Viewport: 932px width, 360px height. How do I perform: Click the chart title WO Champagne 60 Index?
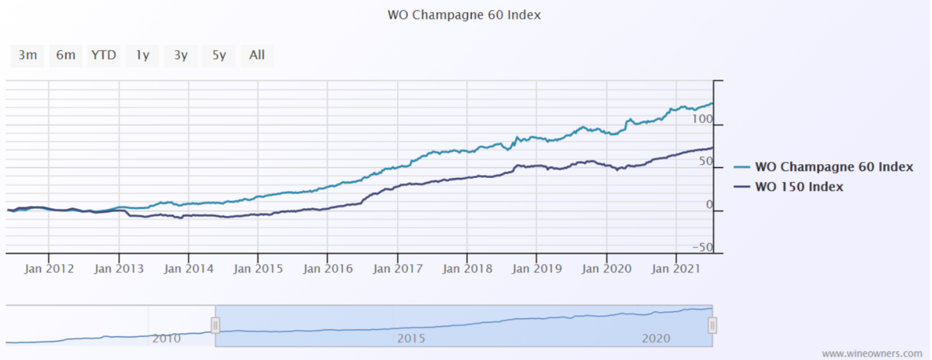tap(464, 15)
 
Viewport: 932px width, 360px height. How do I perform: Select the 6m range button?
tap(66, 55)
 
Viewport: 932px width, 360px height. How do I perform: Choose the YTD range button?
tap(103, 55)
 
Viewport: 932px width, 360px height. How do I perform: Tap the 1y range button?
tap(142, 55)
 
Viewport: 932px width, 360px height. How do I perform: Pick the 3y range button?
tap(181, 55)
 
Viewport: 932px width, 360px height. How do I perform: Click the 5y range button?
tap(219, 55)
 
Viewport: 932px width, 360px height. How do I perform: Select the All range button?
tap(257, 55)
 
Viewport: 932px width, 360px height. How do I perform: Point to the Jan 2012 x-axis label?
tap(49, 269)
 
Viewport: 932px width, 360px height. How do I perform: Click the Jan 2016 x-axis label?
tap(328, 269)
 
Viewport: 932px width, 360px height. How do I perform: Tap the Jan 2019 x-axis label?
tap(537, 269)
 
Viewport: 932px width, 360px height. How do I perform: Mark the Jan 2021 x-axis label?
tap(676, 269)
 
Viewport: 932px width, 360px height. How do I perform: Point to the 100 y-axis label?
tap(702, 119)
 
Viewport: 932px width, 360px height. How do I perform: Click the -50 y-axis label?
tap(702, 247)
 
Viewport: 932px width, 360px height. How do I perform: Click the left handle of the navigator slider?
tap(215, 325)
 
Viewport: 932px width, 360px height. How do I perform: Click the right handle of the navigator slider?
tap(712, 326)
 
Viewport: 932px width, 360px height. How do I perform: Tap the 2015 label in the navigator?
tap(411, 338)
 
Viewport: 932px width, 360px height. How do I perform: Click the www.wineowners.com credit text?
tap(872, 354)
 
